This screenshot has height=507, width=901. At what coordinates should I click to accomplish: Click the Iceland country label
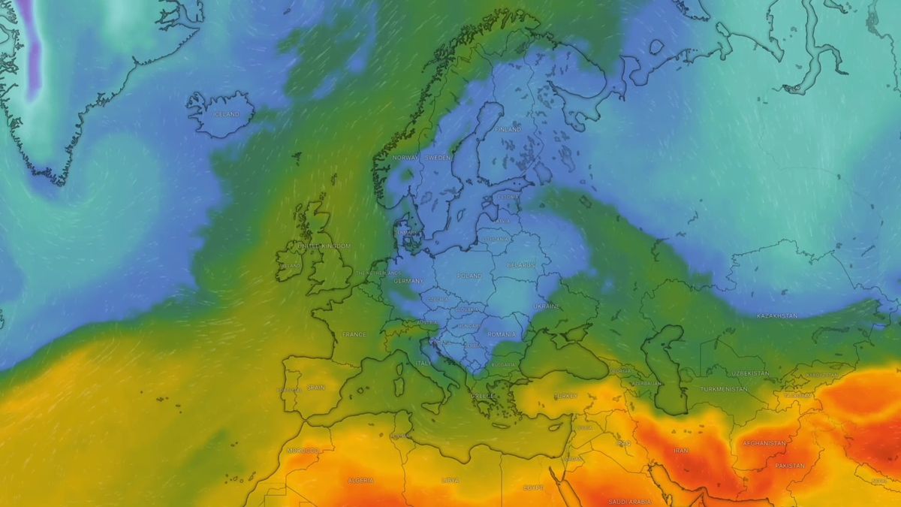(225, 114)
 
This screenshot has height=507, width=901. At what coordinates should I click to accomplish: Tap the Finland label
(508, 129)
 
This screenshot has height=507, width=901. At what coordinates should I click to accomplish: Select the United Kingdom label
(324, 246)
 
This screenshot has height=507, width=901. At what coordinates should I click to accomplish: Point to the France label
(354, 334)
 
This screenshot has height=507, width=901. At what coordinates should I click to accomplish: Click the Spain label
(315, 388)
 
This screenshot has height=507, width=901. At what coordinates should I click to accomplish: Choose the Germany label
(408, 281)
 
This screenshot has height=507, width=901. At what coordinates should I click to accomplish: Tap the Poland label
(469, 276)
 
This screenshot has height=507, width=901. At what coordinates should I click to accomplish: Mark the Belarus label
(520, 265)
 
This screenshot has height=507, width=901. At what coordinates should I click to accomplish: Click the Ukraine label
(547, 306)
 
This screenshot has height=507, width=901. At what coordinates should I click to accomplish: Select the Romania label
(501, 333)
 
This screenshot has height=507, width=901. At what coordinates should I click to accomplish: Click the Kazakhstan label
(777, 315)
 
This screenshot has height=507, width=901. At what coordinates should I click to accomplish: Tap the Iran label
(680, 450)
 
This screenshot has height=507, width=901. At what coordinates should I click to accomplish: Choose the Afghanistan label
(764, 443)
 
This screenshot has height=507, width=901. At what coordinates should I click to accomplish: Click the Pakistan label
(789, 466)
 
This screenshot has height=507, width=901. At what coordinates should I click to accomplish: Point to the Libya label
(450, 480)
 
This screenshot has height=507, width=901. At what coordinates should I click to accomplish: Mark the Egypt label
(533, 487)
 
